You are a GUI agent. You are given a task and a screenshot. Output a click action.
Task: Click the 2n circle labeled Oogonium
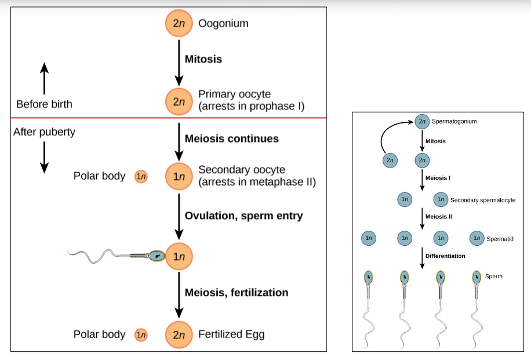pos(179,24)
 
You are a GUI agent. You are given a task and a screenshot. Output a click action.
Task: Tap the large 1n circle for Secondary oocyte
pos(179,176)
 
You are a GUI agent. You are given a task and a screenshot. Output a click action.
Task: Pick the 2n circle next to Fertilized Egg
pos(179,334)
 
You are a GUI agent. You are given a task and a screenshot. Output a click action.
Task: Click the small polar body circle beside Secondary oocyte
pos(141,176)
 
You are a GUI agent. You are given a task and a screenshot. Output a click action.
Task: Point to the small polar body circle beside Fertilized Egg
pos(141,334)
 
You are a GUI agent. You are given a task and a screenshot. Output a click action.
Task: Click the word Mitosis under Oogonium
pos(203,59)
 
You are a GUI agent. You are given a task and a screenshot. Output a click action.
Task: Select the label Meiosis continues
pos(231,139)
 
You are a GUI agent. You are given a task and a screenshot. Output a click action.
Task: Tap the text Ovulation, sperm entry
pos(243,216)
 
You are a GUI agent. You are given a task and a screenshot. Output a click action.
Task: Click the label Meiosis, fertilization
pos(236,292)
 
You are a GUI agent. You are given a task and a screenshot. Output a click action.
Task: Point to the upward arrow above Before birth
pos(44,78)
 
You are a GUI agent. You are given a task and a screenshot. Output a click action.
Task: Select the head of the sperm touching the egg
pos(157,255)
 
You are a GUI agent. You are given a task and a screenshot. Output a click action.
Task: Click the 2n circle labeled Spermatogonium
pos(422,122)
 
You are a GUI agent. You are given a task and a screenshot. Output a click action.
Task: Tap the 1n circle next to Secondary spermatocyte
pos(441,199)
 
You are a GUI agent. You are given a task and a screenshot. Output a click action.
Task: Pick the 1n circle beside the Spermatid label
pos(477,238)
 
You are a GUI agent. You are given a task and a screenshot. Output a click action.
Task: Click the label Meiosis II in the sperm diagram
pos(438,217)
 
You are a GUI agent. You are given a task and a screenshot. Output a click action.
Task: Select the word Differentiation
pos(445,256)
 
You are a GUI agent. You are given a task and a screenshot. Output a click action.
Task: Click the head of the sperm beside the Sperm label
pos(477,277)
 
